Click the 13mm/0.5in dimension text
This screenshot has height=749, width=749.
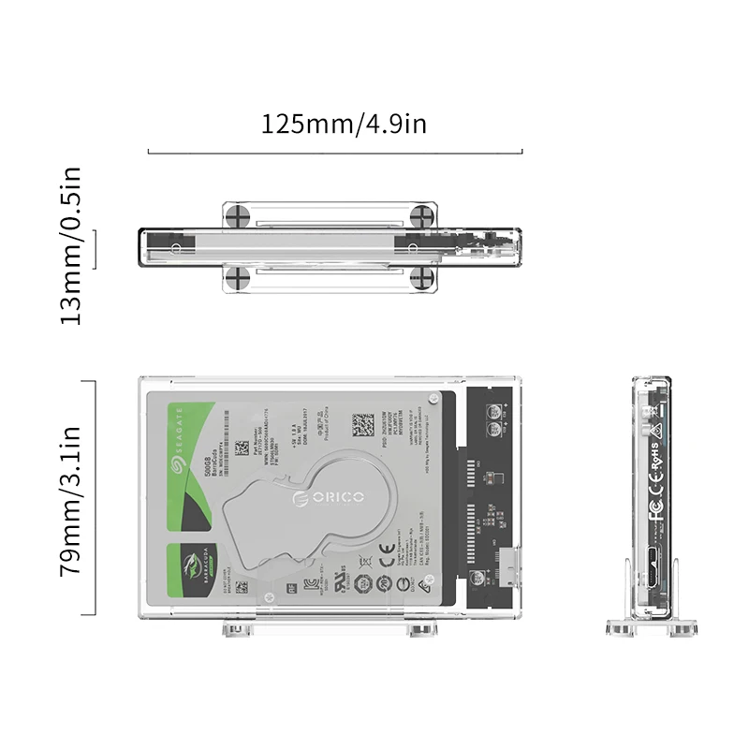(x=72, y=245)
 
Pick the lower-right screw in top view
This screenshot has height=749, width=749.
(x=424, y=277)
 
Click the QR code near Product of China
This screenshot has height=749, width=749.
(x=363, y=424)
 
